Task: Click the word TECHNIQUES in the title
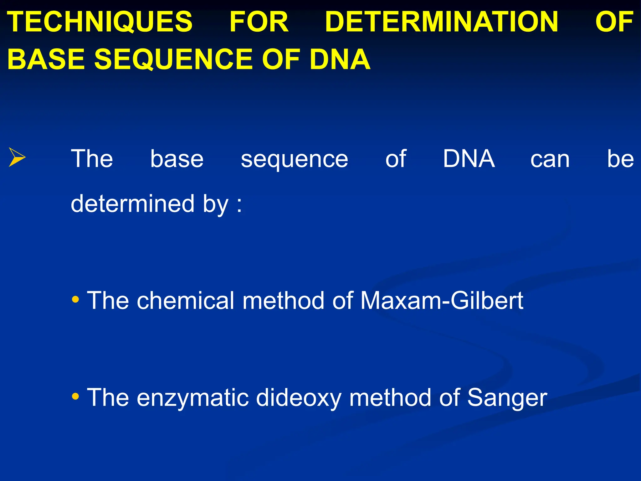[x=100, y=22]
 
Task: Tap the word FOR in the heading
[x=259, y=22]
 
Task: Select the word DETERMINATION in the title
[x=442, y=22]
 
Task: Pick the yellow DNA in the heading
[x=340, y=59]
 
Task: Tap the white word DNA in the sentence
[x=469, y=159]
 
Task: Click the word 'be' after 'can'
[x=620, y=159]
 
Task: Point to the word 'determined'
[x=133, y=204]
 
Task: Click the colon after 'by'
[x=239, y=205]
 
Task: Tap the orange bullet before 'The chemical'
[x=75, y=300]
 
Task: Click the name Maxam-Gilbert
[x=442, y=301]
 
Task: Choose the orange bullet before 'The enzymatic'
[x=75, y=397]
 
